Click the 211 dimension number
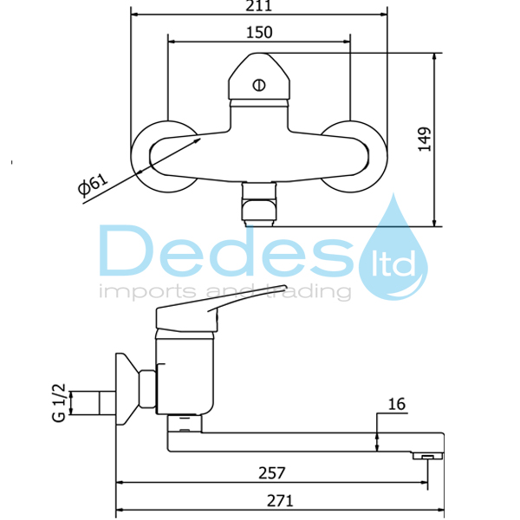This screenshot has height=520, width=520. pos(258,6)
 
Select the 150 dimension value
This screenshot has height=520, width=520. pos(259,33)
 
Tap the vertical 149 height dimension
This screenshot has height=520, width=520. pos(424,140)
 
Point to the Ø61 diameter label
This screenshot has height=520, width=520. pos(93,184)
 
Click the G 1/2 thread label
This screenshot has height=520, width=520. pos(59,403)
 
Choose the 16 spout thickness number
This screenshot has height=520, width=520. pos(396,404)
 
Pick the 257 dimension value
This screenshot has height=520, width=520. pos(272,473)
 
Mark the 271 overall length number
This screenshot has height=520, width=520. pos(280,501)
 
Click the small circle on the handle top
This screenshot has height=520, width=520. pos(258,85)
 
